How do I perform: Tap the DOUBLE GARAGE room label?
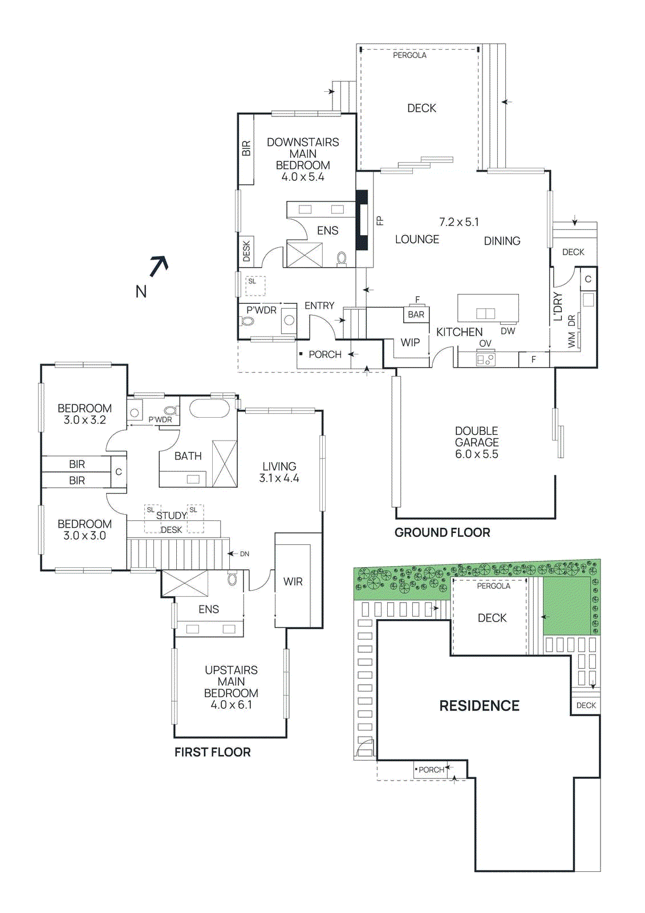(x=476, y=442)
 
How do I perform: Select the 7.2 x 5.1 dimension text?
(x=459, y=222)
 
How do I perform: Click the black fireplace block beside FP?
(x=362, y=220)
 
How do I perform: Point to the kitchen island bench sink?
(x=485, y=313)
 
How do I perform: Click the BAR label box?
(x=416, y=314)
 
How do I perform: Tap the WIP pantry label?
(x=410, y=342)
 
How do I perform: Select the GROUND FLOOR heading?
(x=442, y=532)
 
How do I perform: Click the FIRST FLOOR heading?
(x=212, y=752)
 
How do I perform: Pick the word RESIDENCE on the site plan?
(x=479, y=706)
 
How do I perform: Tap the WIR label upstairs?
(x=293, y=581)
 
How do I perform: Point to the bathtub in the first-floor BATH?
(x=209, y=409)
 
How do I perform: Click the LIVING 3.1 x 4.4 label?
(x=279, y=472)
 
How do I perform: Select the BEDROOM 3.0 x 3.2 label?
(x=84, y=414)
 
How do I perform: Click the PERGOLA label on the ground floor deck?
(x=409, y=55)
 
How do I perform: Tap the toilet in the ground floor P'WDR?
(x=248, y=321)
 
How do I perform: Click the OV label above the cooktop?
(x=485, y=344)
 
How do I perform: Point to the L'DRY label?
(x=558, y=307)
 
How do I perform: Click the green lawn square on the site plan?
(x=566, y=605)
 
